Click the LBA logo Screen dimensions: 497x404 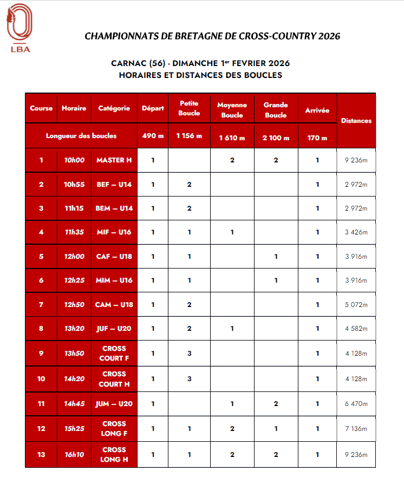point(20,28)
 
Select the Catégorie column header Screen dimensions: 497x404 point(114,108)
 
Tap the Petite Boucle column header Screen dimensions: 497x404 point(188,108)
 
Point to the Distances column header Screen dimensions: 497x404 point(356,121)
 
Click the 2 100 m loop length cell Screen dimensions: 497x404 point(276,138)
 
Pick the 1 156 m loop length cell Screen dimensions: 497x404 point(188,136)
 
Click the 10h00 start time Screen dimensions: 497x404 point(74,160)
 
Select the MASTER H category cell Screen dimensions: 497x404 point(114,160)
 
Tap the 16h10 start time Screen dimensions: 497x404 point(74,455)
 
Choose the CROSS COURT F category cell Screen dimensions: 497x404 point(114,354)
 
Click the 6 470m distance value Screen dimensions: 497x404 point(356,404)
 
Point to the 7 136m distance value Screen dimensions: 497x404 point(356,429)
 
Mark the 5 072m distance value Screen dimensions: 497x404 point(356,305)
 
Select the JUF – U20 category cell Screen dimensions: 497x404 point(114,329)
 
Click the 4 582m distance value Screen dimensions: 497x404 point(356,329)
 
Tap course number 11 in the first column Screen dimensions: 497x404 point(41,404)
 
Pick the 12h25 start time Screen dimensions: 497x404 point(74,280)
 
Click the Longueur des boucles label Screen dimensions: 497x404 point(81,136)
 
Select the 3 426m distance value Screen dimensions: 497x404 point(356,232)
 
